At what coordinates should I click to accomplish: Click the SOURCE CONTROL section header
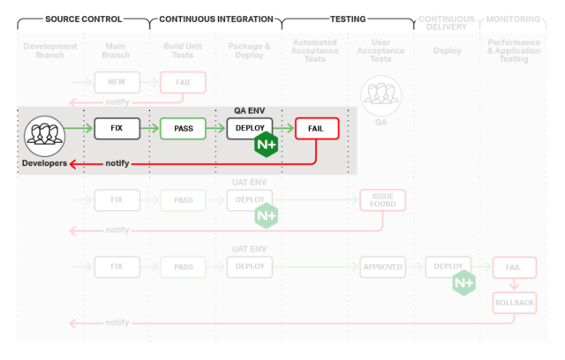coord(84,19)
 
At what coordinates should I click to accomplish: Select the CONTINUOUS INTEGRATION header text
coord(215,19)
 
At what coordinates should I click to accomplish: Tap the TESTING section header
coord(347,19)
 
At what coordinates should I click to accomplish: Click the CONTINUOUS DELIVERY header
coord(446,24)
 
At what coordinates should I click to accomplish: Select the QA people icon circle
coord(381,94)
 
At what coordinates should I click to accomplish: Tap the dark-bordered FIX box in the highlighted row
coord(117,129)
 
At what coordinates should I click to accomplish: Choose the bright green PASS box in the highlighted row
coord(183,129)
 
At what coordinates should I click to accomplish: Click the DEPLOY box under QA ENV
coord(250,129)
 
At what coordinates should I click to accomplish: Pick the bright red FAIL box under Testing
coord(316,129)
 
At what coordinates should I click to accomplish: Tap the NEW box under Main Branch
coord(117,83)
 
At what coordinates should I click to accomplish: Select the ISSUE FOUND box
coord(381,199)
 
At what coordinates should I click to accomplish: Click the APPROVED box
coord(381,266)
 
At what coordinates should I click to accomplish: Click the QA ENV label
coord(250,111)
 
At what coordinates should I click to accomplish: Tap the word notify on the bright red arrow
coord(117,163)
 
